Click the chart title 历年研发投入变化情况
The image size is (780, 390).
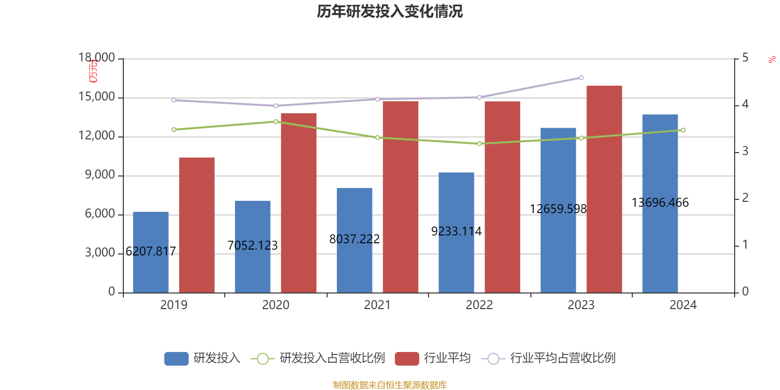pos(390,11)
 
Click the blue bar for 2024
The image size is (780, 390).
pos(660,244)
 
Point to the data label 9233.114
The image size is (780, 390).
pos(456,231)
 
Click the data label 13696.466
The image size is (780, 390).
pos(660,202)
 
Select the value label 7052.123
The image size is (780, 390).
pos(253,245)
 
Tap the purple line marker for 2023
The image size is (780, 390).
pos(581,78)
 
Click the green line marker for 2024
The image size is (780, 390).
pos(683,130)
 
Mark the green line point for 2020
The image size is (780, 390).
pos(275,121)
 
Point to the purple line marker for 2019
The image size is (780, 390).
pos(174,100)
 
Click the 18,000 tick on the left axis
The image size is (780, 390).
pos(97,58)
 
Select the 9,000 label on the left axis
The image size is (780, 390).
pos(100,175)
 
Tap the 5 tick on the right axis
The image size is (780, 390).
pos(745,58)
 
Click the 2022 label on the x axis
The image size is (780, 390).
pos(479,305)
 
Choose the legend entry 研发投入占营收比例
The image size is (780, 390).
pos(331,358)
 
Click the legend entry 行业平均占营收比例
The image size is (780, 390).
pos(562,358)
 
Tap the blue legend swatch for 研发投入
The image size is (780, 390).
pos(176,359)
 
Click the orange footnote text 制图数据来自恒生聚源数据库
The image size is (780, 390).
pos(390,385)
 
